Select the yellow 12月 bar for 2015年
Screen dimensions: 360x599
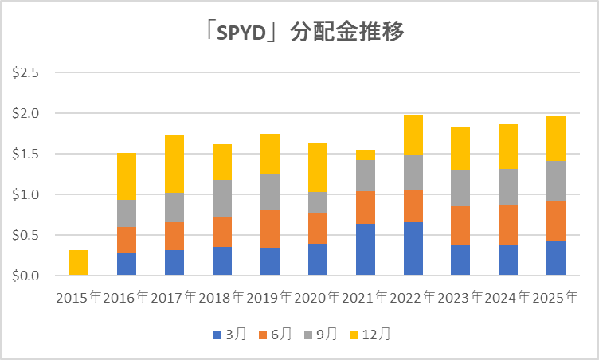pos(79,262)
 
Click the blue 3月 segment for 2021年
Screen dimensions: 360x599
pos(366,249)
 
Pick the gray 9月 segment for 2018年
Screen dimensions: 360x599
pos(222,198)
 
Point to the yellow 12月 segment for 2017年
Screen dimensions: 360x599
pos(174,163)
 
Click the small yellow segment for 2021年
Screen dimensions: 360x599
pos(366,155)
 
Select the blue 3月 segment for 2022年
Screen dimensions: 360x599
pos(413,248)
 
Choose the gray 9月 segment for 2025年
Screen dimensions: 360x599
pos(556,181)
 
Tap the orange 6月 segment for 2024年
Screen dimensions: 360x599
pos(508,225)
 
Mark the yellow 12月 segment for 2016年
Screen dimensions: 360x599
pos(127,176)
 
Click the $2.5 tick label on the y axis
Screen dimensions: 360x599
pos(26,72)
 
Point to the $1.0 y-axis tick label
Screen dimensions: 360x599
pos(26,194)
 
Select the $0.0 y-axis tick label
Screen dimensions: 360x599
pos(26,276)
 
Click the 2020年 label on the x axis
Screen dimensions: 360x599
pos(318,297)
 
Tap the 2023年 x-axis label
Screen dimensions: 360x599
pos(461,297)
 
